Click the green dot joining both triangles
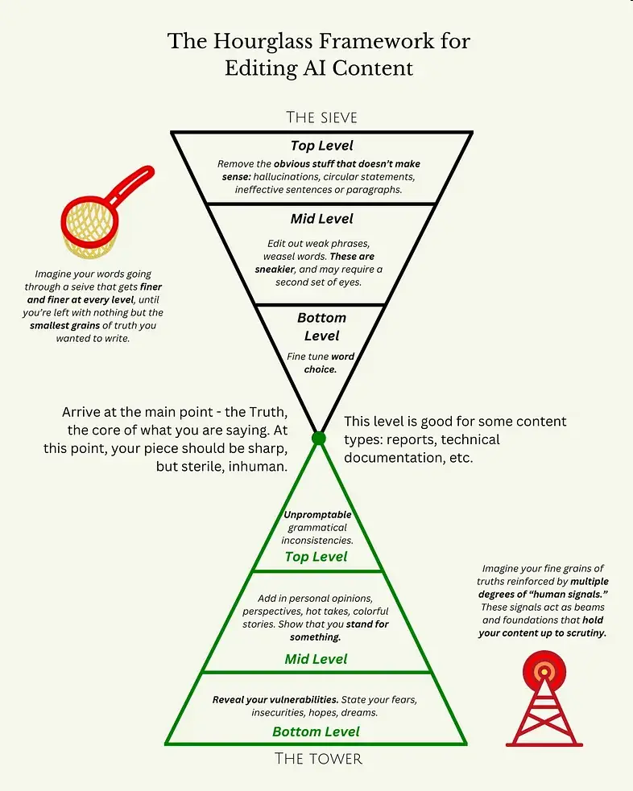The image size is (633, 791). pos(319,439)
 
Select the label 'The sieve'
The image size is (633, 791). pos(321,117)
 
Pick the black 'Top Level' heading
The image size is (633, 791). pos(321,146)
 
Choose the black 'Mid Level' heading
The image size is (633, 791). pos(321,219)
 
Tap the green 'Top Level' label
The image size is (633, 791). pos(316,557)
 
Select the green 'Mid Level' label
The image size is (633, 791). pos(316,659)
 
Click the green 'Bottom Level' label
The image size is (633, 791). pos(316,731)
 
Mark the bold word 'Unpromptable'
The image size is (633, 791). pos(317,515)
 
